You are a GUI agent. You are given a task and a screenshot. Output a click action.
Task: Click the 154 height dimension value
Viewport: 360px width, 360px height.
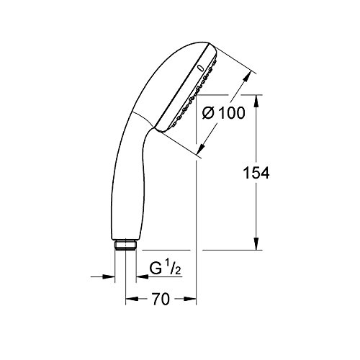click(256, 173)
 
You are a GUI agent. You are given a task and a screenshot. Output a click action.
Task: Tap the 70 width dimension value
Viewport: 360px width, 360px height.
click(161, 299)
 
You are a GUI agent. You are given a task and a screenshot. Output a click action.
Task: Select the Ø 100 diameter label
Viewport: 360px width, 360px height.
click(223, 112)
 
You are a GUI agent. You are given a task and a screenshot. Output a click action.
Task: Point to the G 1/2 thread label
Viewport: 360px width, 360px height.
click(165, 269)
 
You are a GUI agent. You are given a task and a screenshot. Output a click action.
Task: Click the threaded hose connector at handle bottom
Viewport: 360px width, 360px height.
click(125, 246)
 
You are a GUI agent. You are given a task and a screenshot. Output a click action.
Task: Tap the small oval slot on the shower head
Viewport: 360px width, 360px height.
click(201, 68)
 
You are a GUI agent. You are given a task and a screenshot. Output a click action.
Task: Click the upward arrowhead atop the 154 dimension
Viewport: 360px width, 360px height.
click(256, 101)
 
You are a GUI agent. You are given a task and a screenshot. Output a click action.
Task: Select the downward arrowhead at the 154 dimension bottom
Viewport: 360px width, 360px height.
click(256, 243)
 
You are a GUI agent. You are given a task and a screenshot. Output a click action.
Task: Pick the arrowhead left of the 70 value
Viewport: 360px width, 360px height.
click(132, 299)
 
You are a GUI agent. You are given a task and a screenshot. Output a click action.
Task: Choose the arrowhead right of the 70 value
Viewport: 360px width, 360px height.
click(190, 299)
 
